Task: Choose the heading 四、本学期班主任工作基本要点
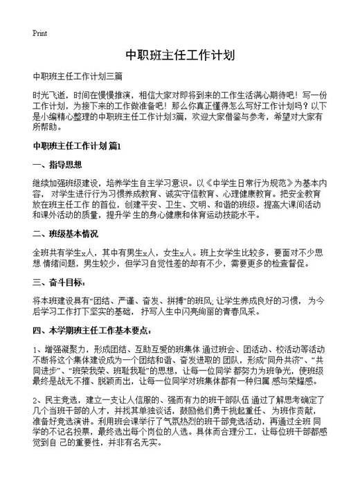(x=97, y=330)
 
